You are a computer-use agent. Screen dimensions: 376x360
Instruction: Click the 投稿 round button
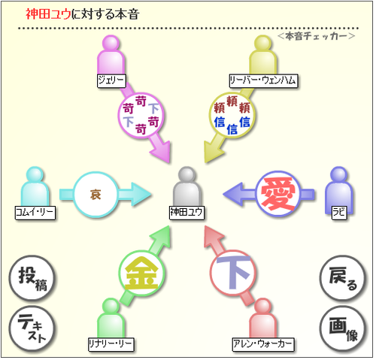32,278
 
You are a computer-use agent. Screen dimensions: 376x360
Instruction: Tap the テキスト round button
32,328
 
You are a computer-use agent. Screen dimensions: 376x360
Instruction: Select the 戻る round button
343,278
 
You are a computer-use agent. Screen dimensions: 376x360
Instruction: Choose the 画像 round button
343,328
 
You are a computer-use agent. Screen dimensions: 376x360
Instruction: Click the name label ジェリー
111,80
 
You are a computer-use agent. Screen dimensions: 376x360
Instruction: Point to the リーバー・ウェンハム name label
263,80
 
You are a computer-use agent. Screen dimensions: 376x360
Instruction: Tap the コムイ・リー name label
35,213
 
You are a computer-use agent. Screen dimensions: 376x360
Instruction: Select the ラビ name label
339,213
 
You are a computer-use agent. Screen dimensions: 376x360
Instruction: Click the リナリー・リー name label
111,345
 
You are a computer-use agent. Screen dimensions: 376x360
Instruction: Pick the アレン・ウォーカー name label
263,345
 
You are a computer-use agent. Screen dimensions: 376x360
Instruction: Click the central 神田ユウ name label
186,213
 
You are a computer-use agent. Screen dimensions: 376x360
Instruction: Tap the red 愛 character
277,194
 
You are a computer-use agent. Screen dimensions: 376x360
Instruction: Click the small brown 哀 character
96,195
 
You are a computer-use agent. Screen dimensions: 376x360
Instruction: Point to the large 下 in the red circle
233,272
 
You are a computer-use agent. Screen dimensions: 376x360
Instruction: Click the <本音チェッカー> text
317,37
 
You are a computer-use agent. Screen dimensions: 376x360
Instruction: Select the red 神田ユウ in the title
49,14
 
